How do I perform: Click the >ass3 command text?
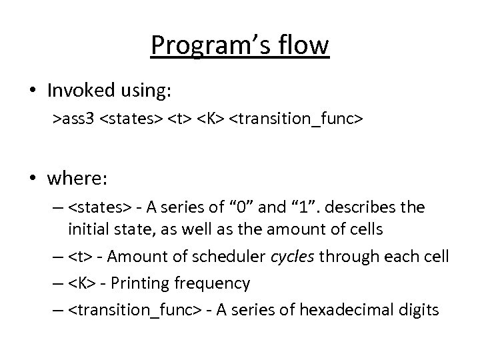click(x=75, y=119)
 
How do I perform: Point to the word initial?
click(x=87, y=229)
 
